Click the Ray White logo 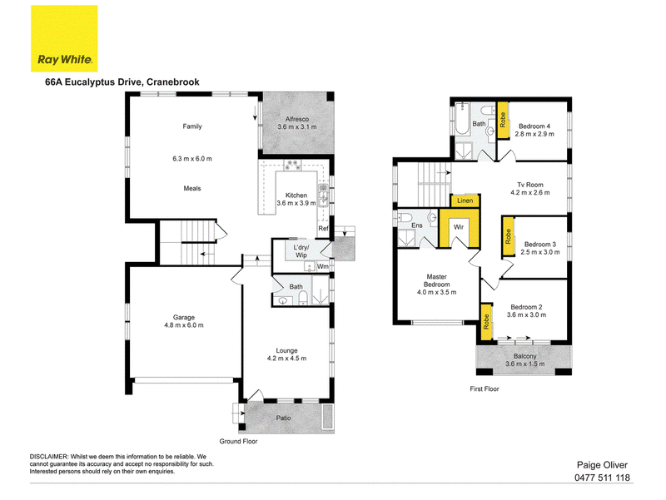pos(64,38)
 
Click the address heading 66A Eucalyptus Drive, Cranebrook pos(122,82)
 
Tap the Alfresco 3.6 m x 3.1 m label pos(297,123)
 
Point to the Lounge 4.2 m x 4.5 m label pos(286,354)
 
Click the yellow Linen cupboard pos(465,200)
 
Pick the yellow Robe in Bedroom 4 pos(503,121)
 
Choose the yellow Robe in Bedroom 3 pos(508,236)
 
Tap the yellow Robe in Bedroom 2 pos(486,322)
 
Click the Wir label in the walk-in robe pos(459,227)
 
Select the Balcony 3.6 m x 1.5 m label pos(525,360)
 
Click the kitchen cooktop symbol pos(292,165)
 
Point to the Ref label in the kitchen pos(323,228)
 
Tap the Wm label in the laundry pos(323,266)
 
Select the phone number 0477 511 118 pos(602,478)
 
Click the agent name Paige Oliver pos(602,465)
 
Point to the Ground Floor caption pos(238,442)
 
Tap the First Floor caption pos(485,389)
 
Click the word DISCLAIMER pos(48,457)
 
